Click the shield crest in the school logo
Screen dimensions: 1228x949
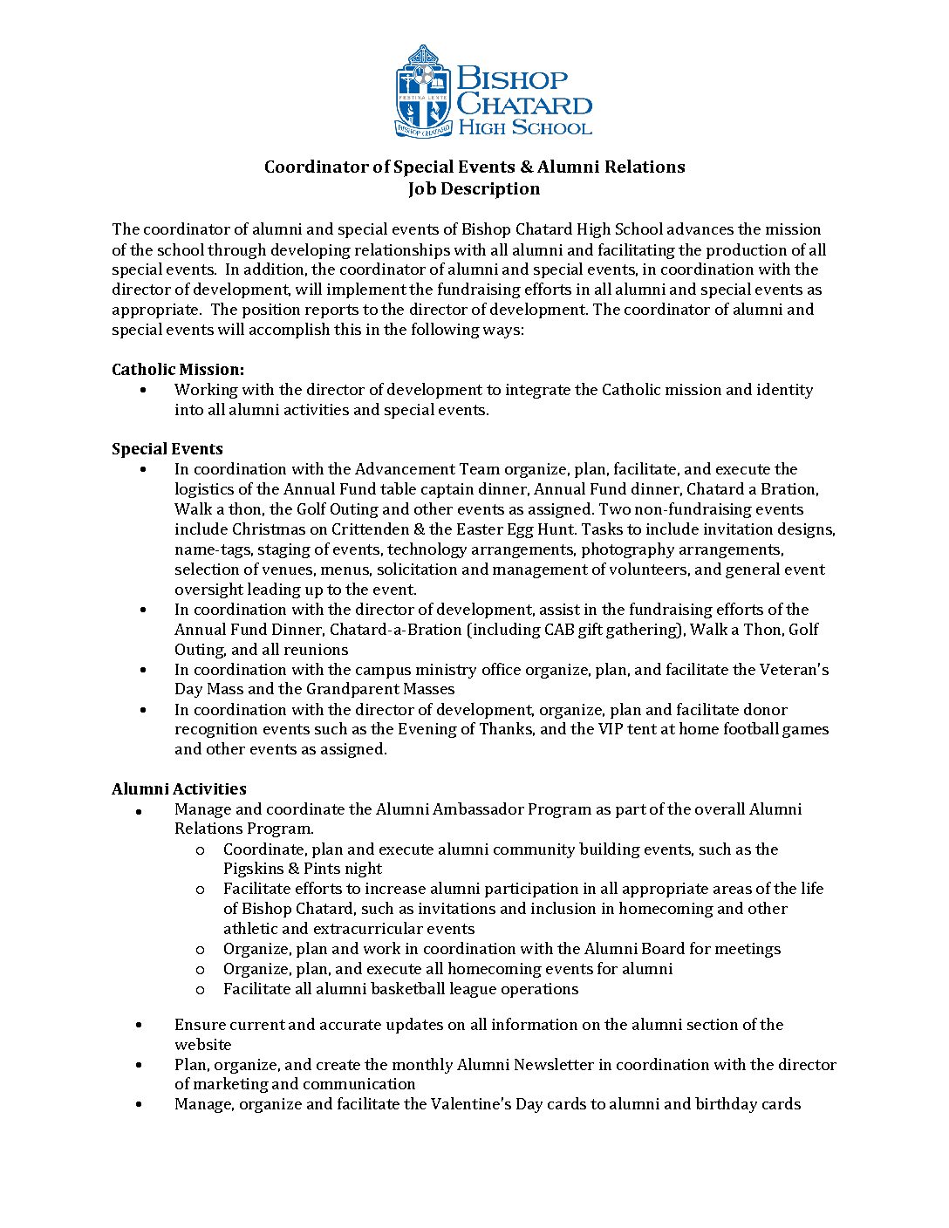click(424, 92)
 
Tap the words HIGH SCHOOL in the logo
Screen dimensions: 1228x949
click(525, 128)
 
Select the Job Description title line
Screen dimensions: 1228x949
click(474, 189)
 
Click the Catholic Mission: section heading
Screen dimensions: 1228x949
click(178, 370)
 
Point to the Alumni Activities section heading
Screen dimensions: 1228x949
click(179, 789)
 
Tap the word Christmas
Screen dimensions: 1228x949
click(266, 529)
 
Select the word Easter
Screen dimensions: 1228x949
click(479, 529)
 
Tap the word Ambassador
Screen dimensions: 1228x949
click(481, 809)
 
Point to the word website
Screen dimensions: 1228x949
click(203, 1045)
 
